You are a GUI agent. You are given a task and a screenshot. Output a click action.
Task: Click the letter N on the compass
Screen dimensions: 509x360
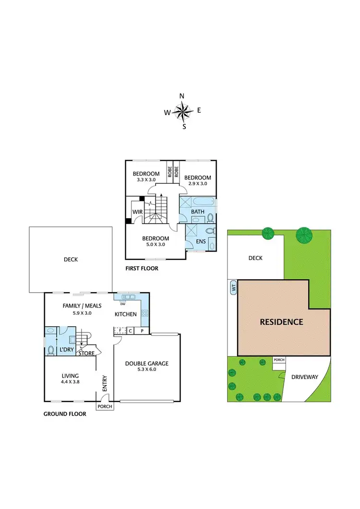click(x=182, y=96)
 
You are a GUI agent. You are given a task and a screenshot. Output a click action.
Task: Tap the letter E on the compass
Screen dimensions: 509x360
click(x=199, y=110)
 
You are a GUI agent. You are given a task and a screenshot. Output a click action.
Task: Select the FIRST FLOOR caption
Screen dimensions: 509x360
click(x=142, y=269)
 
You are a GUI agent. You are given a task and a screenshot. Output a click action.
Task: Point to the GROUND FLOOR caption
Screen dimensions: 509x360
click(x=65, y=414)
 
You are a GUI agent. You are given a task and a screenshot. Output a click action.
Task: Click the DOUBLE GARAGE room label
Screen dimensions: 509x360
click(x=147, y=363)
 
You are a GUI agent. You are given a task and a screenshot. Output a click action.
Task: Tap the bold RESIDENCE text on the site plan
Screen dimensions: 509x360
click(x=281, y=322)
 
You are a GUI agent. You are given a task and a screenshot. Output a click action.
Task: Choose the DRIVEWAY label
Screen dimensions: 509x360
click(x=305, y=377)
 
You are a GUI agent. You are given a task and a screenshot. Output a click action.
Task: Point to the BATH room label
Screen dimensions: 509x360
click(x=198, y=212)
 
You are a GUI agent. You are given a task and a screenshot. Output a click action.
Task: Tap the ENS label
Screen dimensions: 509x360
click(x=201, y=241)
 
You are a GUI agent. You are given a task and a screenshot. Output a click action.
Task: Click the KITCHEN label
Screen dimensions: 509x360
click(x=126, y=314)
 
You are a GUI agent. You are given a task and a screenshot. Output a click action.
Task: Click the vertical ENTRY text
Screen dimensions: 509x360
click(x=104, y=384)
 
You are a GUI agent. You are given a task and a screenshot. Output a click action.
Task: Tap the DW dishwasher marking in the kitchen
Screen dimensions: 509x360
click(x=123, y=304)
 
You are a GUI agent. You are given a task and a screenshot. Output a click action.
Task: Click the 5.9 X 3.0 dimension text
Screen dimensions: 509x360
click(x=77, y=313)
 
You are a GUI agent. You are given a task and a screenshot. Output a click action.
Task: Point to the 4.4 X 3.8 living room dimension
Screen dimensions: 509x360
click(x=70, y=383)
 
